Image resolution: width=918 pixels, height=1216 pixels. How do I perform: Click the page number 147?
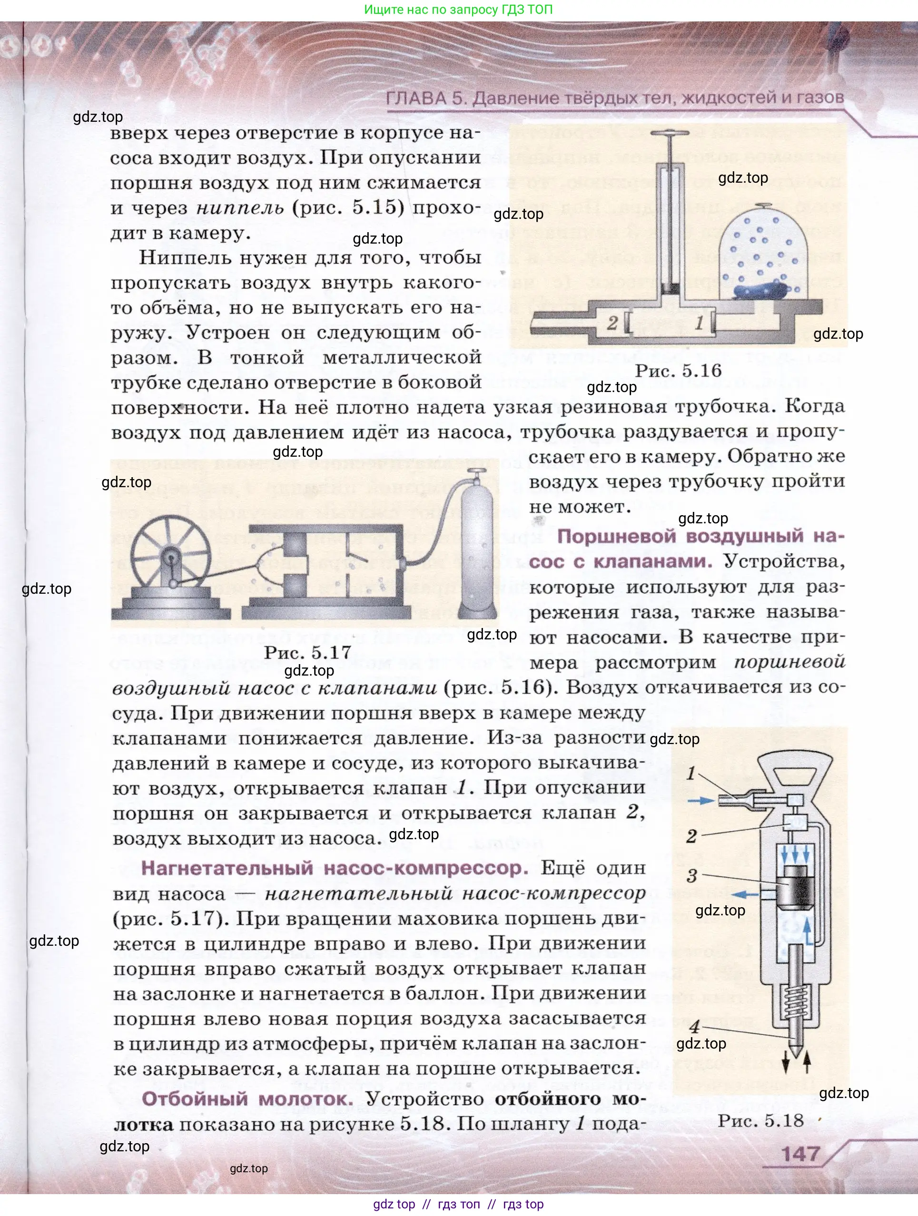[x=800, y=1153]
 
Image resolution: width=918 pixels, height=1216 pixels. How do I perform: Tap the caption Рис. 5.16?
[x=678, y=371]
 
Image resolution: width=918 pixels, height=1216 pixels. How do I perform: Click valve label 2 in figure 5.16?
[x=612, y=323]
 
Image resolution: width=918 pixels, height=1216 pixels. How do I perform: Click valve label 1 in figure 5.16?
[x=699, y=323]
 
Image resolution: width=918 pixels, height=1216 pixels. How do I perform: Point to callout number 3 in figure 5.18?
[x=692, y=876]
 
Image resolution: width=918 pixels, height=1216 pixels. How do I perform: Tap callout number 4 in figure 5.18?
[x=695, y=1026]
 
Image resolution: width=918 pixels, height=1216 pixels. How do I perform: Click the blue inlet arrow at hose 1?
[x=702, y=802]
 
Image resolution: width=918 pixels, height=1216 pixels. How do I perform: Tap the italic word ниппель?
[x=240, y=208]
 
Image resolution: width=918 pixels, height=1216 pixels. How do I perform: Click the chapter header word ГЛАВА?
[x=416, y=98]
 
